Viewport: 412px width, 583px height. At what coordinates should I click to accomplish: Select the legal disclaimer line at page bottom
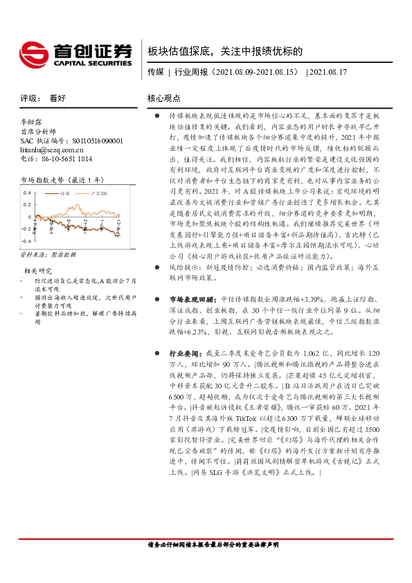pyautogui.click(x=206, y=564)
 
